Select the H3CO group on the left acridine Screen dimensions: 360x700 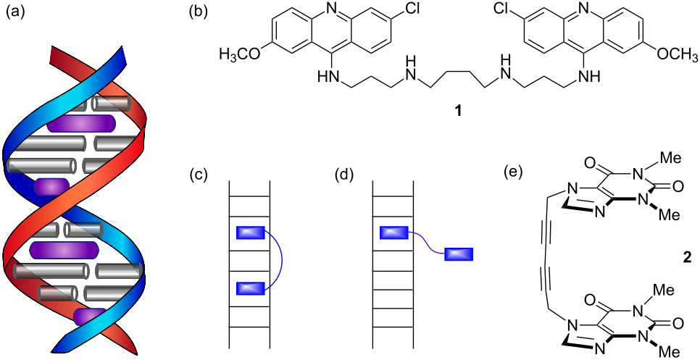pyautogui.click(x=241, y=54)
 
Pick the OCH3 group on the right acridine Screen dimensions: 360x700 pyautogui.click(x=670, y=54)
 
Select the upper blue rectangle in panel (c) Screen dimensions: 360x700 pyautogui.click(x=250, y=233)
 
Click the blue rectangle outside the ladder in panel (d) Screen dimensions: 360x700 pyautogui.click(x=458, y=254)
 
